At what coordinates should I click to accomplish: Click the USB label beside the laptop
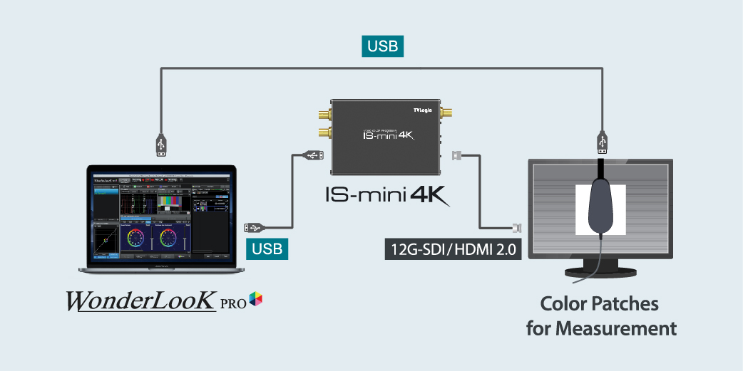(x=267, y=249)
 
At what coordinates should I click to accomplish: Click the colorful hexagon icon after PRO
(x=256, y=301)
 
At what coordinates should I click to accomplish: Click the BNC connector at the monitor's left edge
(x=516, y=228)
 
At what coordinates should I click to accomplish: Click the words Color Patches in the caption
(x=599, y=304)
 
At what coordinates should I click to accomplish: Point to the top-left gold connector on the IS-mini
(x=322, y=113)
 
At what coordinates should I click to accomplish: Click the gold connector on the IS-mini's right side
(x=448, y=113)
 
